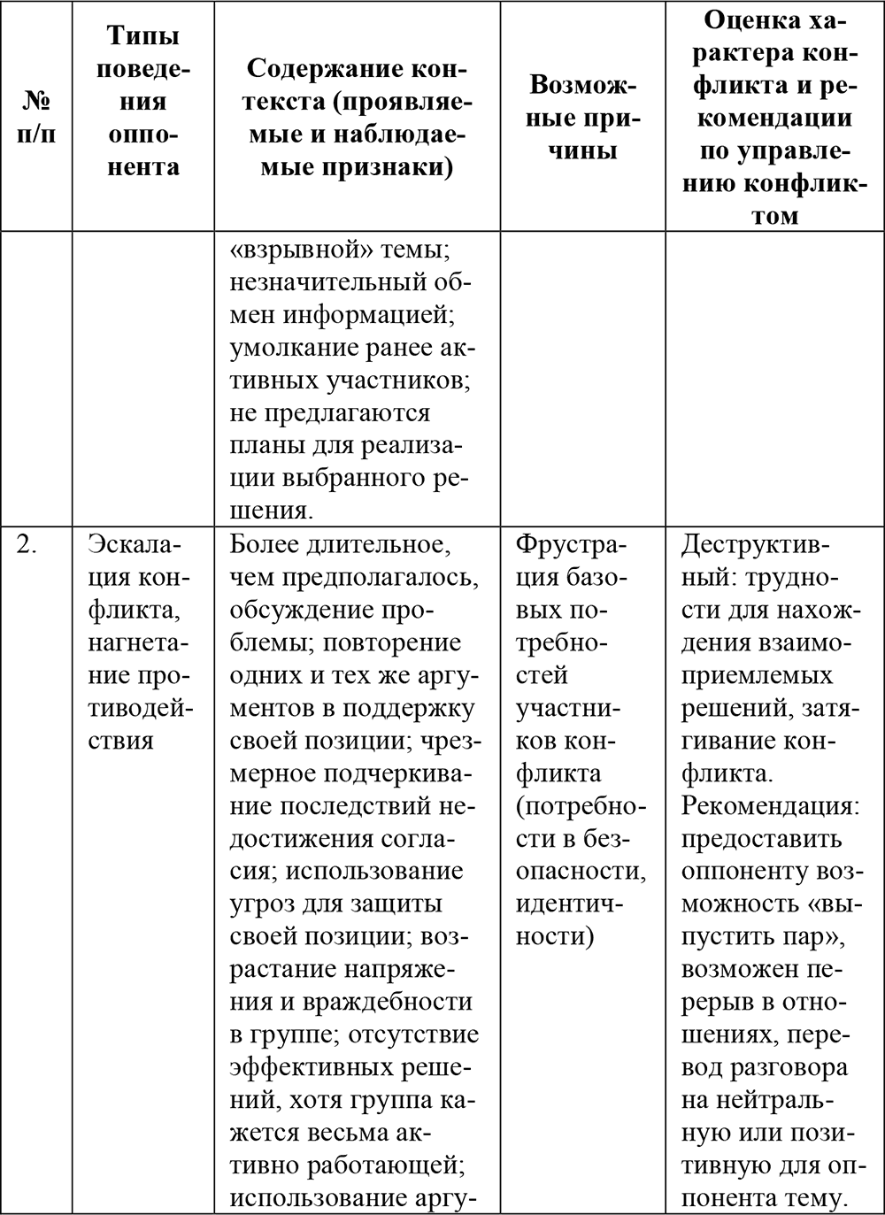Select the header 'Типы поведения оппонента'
(x=142, y=101)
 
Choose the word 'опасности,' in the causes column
(x=580, y=872)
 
